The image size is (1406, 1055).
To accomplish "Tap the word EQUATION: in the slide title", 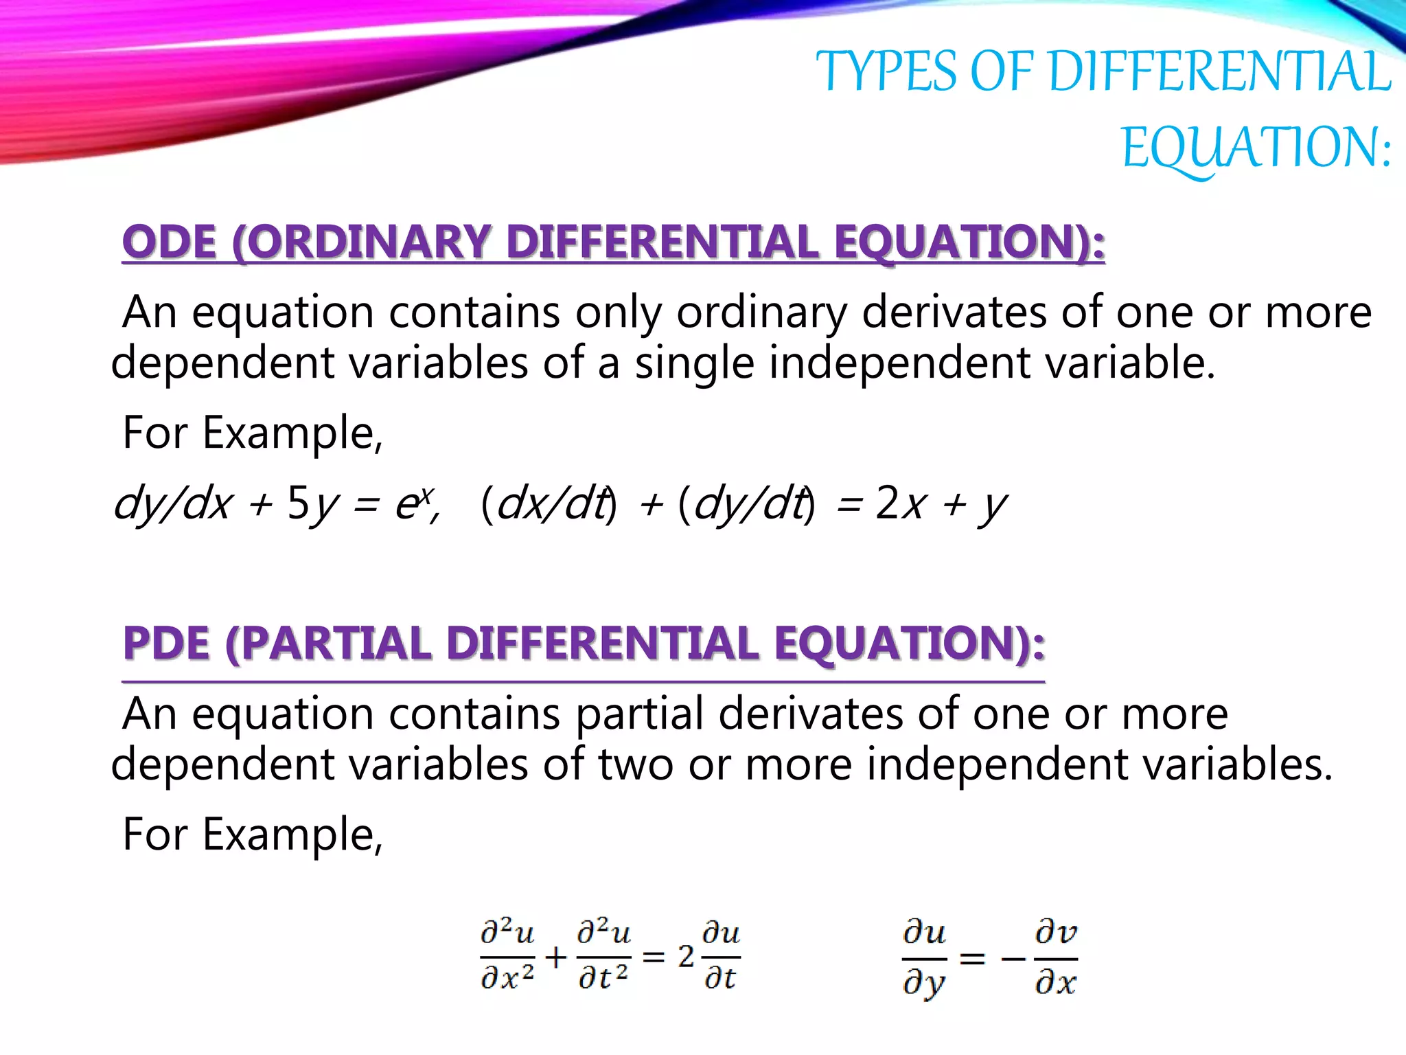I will point(1256,147).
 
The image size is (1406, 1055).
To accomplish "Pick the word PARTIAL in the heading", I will point(336,644).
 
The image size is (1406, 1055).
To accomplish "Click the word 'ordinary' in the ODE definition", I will point(761,313).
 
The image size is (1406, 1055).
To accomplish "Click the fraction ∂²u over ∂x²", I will point(507,956).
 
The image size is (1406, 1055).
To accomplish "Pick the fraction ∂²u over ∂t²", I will point(603,956).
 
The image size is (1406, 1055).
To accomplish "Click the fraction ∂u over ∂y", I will point(924,958).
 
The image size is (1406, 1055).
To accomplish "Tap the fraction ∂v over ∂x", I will point(1056,958).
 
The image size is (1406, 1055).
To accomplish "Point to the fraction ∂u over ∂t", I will point(720,956).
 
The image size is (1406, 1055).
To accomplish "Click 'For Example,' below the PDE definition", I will point(252,834).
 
